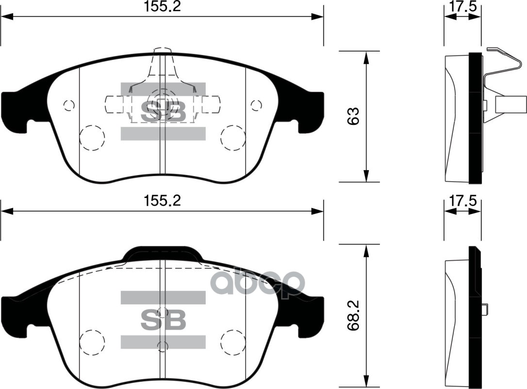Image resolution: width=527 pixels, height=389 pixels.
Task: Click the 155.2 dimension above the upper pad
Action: [162, 6]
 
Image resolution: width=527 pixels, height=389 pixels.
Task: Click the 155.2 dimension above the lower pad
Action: [162, 201]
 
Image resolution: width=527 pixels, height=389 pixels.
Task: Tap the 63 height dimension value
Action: [353, 117]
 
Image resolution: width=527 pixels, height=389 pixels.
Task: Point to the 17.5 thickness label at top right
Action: [463, 7]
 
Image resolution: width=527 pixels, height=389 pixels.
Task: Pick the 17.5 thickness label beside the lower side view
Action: [463, 201]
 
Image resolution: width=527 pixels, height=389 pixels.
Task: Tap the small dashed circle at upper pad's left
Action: [69, 106]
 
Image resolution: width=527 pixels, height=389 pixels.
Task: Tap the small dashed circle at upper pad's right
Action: [256, 106]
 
